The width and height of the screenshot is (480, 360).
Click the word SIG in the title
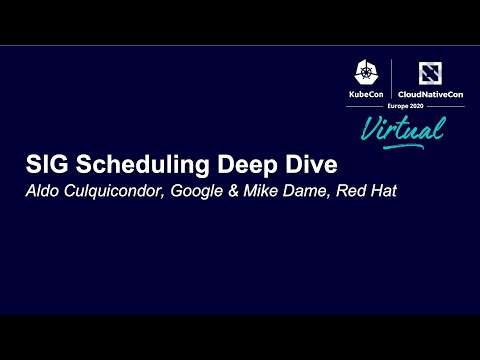pos(44,165)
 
